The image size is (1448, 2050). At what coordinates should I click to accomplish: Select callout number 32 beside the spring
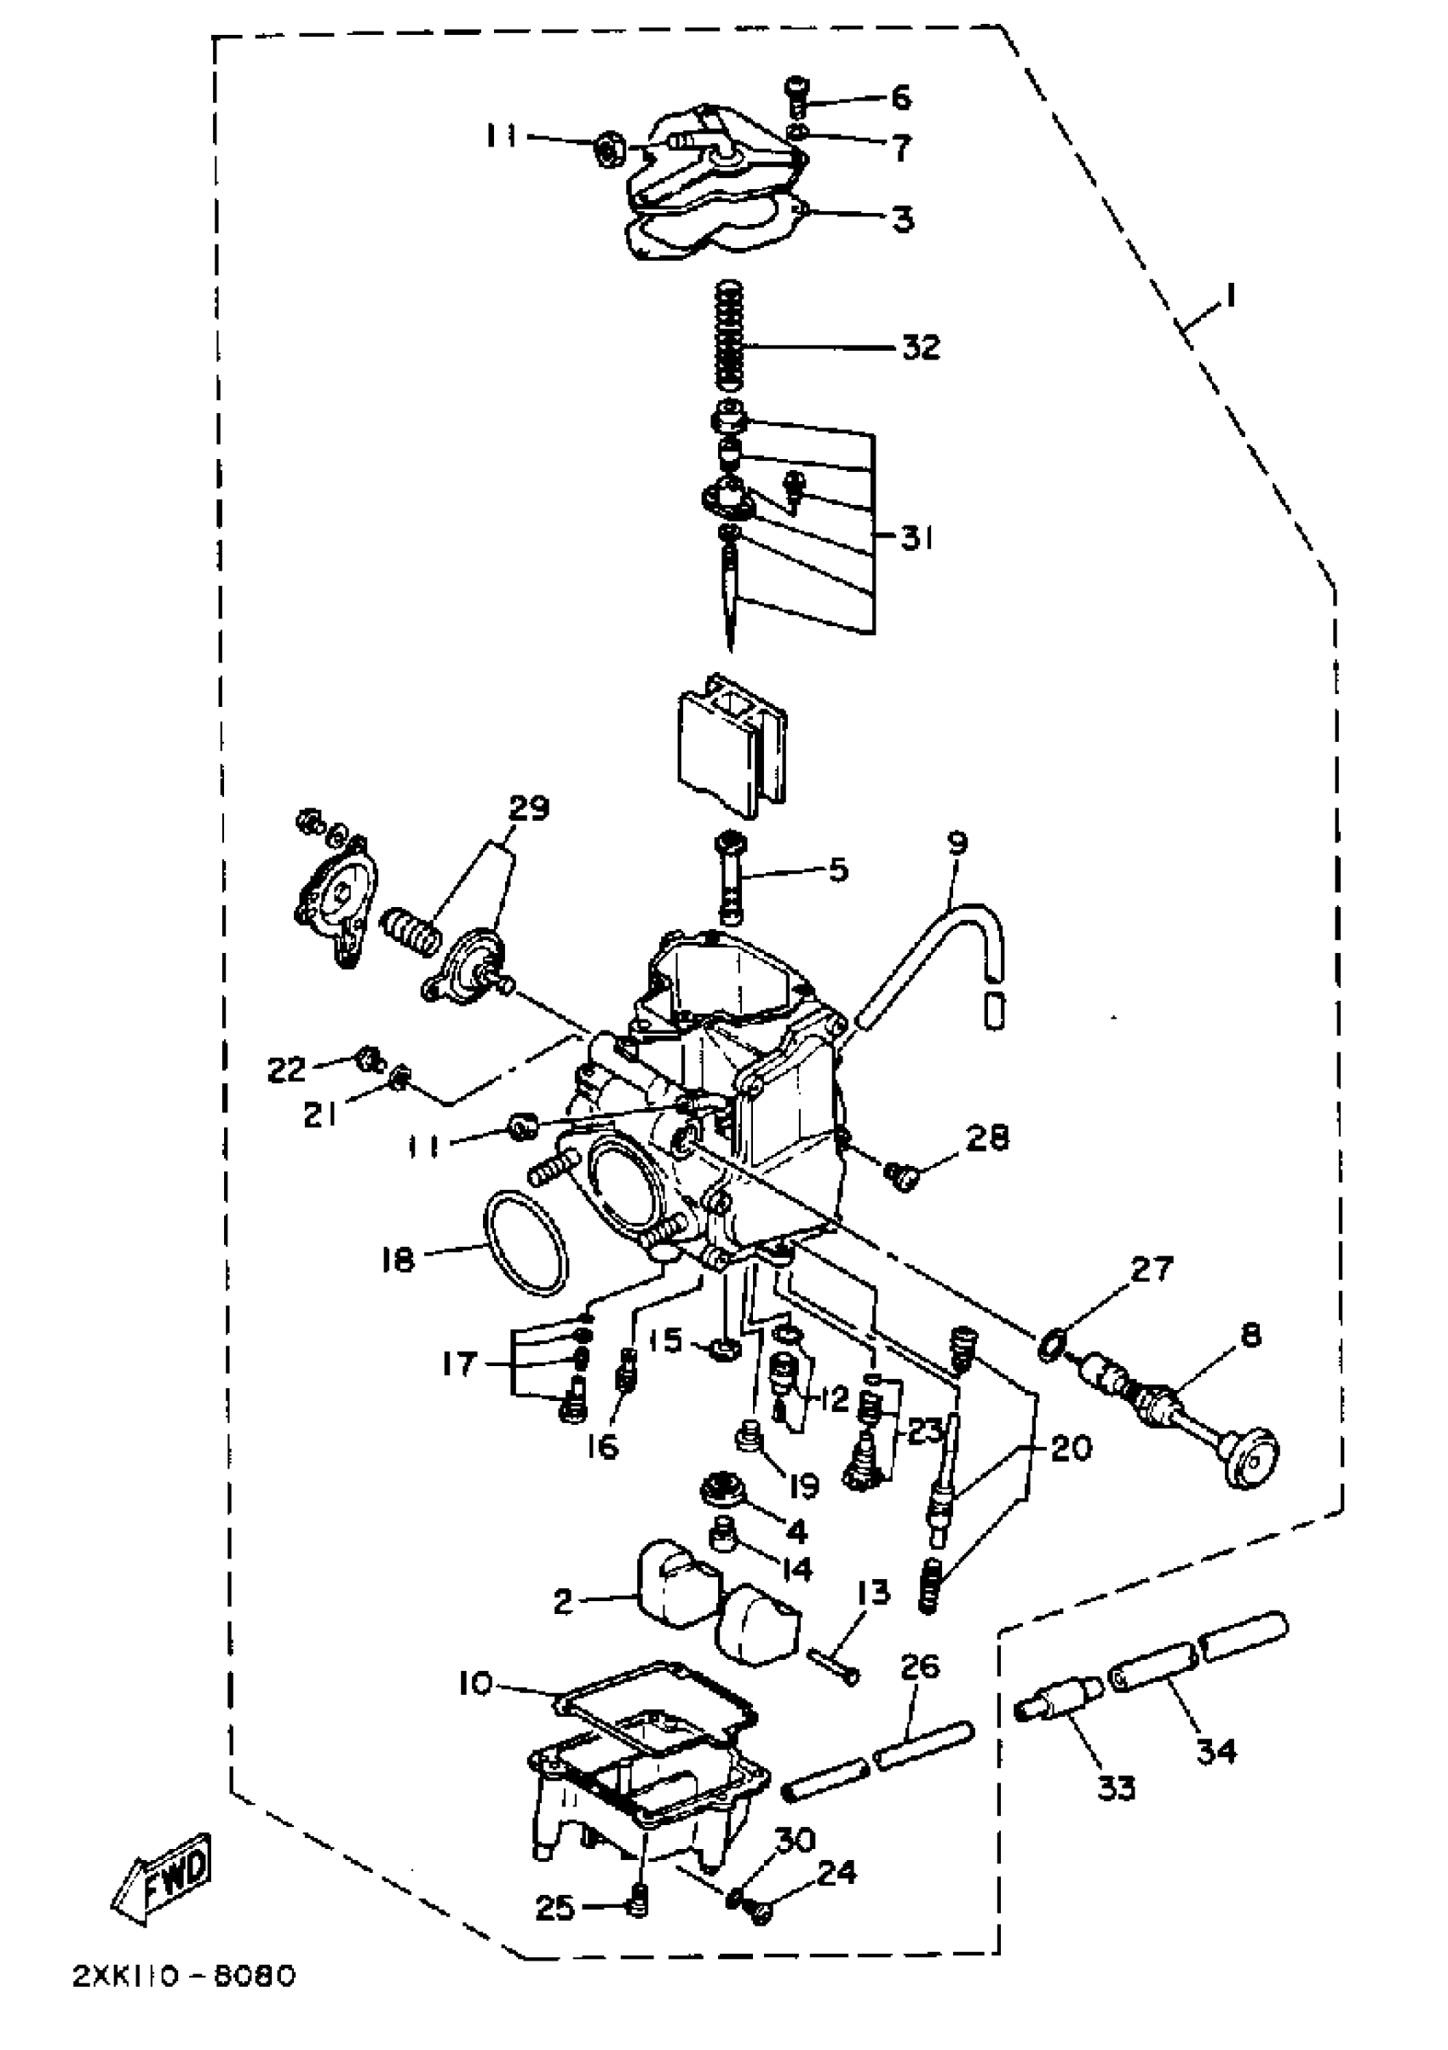pyautogui.click(x=920, y=347)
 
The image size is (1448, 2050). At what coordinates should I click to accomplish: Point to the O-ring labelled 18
pyautogui.click(x=526, y=1241)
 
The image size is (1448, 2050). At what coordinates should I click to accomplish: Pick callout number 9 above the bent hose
pyautogui.click(x=957, y=841)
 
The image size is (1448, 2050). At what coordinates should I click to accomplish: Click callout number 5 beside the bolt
pyautogui.click(x=836, y=870)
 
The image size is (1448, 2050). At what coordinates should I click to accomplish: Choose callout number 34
pyautogui.click(x=1215, y=1751)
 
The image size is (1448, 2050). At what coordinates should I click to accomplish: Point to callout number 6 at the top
pyautogui.click(x=902, y=96)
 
